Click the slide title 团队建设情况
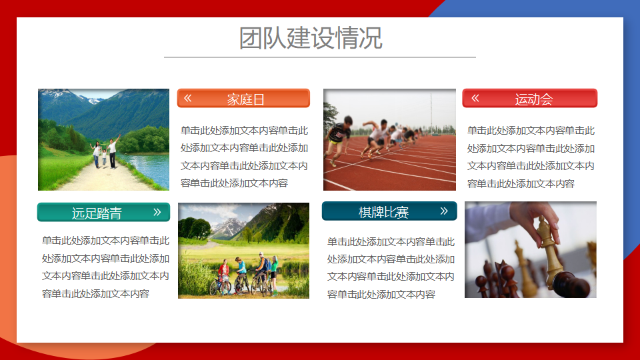point(311,38)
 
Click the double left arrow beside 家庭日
point(188,98)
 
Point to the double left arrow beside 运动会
point(475,98)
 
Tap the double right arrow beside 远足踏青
point(157,212)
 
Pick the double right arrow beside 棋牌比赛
point(444,211)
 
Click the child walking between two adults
point(104,157)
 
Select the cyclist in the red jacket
point(223,274)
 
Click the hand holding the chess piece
point(535,219)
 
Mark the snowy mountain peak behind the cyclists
point(229,226)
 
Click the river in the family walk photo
point(148,167)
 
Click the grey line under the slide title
point(320,57)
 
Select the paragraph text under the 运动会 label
point(531,157)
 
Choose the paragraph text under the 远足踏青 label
point(105,267)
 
